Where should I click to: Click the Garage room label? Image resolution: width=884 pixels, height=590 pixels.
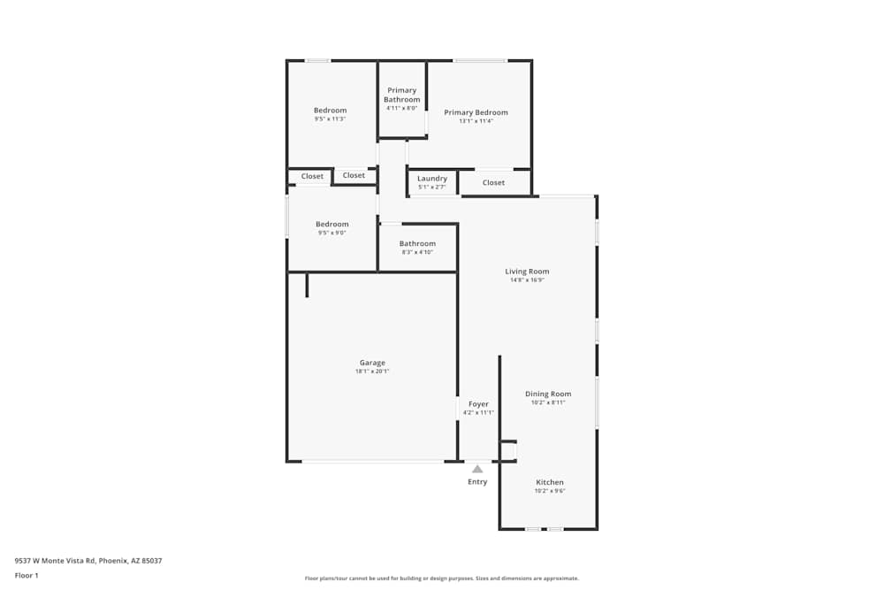point(372,363)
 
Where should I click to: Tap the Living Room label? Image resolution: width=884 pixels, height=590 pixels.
point(527,272)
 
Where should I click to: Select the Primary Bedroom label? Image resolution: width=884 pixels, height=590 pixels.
point(476,112)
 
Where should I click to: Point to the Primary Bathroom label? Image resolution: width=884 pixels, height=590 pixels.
point(401,95)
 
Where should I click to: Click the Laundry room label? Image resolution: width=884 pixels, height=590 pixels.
point(432,179)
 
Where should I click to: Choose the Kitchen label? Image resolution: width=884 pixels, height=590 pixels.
point(549,482)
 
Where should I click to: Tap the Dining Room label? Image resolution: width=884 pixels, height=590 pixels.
point(548,394)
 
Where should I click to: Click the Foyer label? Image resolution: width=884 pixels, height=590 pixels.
point(478,404)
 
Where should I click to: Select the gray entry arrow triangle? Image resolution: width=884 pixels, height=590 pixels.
point(477,469)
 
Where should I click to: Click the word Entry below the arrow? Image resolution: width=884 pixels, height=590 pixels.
point(477,482)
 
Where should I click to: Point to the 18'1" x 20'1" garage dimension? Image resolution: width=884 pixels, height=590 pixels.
point(372,372)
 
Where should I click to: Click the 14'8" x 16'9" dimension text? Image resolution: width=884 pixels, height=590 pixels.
point(527,280)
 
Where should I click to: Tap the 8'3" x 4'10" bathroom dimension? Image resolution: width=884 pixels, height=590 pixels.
point(417,252)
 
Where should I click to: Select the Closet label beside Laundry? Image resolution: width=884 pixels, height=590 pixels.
point(493,183)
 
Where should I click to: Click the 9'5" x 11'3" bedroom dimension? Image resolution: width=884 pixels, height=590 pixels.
point(330,119)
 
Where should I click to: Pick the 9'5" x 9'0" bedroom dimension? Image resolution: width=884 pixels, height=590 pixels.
point(332,233)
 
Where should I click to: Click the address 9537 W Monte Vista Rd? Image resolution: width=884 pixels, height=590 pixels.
point(88,560)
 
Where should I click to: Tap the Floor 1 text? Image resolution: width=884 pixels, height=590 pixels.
point(27,575)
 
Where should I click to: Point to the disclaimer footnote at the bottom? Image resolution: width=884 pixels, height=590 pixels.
point(442,579)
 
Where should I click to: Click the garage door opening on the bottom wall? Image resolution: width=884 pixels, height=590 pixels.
point(372,461)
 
